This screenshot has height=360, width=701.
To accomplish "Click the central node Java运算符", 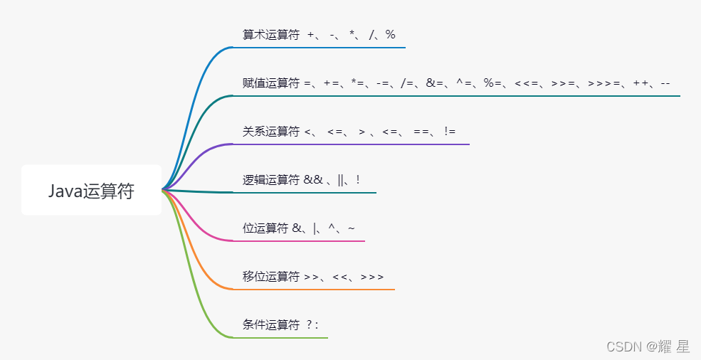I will point(91,191).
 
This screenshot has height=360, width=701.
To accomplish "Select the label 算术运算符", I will point(271,35).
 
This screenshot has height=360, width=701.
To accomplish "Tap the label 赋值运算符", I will point(271,83).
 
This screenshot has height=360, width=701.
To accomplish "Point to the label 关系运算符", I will point(271,132).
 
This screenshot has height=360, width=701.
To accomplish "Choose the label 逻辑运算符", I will point(271,180).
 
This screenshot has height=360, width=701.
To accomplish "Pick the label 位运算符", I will point(265,228).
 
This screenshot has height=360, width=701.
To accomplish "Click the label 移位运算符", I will point(271,277).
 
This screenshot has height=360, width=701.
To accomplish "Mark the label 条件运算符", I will point(271,325).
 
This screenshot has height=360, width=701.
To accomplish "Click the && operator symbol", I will point(313,180).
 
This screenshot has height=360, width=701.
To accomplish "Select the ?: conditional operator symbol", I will point(312,325).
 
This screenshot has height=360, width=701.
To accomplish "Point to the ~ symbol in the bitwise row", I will point(352,228).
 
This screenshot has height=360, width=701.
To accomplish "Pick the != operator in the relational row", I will point(449,132).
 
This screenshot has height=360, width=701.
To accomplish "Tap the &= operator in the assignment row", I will point(435,83).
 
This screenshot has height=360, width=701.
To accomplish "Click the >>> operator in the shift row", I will point(372,277).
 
